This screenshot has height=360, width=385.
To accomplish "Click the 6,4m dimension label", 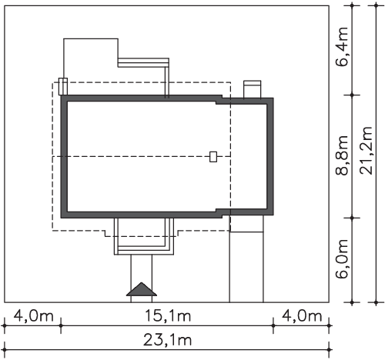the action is [343, 46].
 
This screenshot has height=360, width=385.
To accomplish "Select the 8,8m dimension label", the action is [343, 155].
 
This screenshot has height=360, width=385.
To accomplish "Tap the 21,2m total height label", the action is [366, 151].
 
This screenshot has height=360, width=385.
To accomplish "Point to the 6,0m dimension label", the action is [343, 259].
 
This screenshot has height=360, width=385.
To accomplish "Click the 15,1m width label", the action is [168, 315].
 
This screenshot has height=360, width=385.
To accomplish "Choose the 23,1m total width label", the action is [167, 340].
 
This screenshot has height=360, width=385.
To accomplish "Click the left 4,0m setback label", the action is [33, 315].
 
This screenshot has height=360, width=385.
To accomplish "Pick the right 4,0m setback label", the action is [302, 315].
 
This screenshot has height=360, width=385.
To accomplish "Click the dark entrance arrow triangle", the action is [142, 289].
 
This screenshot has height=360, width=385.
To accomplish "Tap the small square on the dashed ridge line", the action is [213, 157].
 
